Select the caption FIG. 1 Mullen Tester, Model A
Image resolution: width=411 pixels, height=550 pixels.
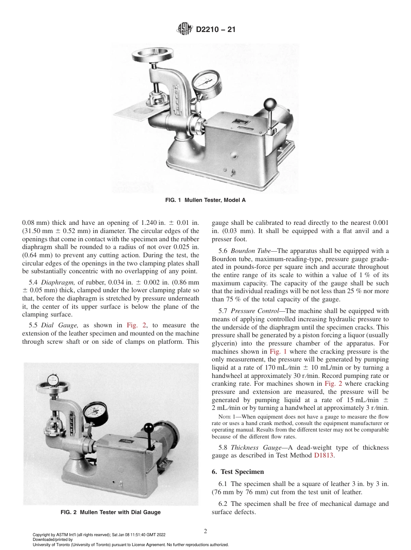[205, 200]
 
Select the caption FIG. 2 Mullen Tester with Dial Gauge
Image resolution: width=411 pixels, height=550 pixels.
[110, 512]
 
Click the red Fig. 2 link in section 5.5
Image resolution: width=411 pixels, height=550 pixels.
[133, 325]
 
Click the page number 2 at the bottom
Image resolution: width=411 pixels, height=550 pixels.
[205, 531]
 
